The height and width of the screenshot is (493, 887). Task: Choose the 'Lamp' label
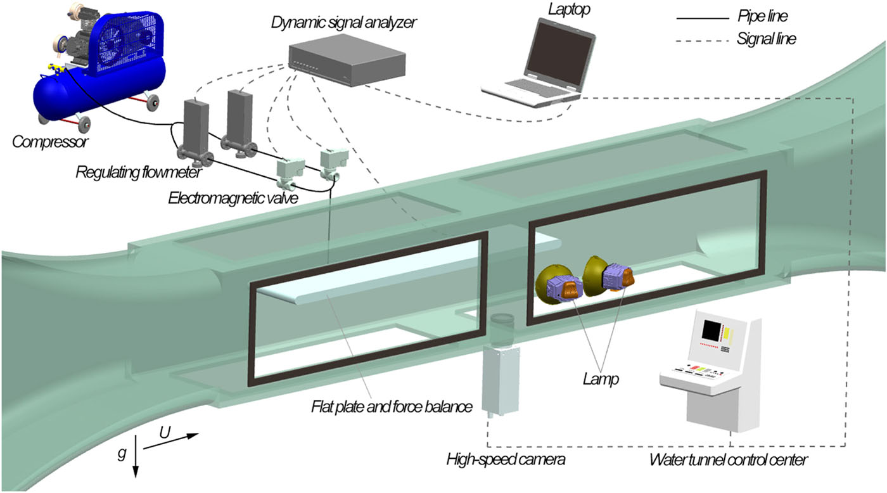pos(601,380)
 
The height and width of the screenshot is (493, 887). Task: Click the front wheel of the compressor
pos(82,122)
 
